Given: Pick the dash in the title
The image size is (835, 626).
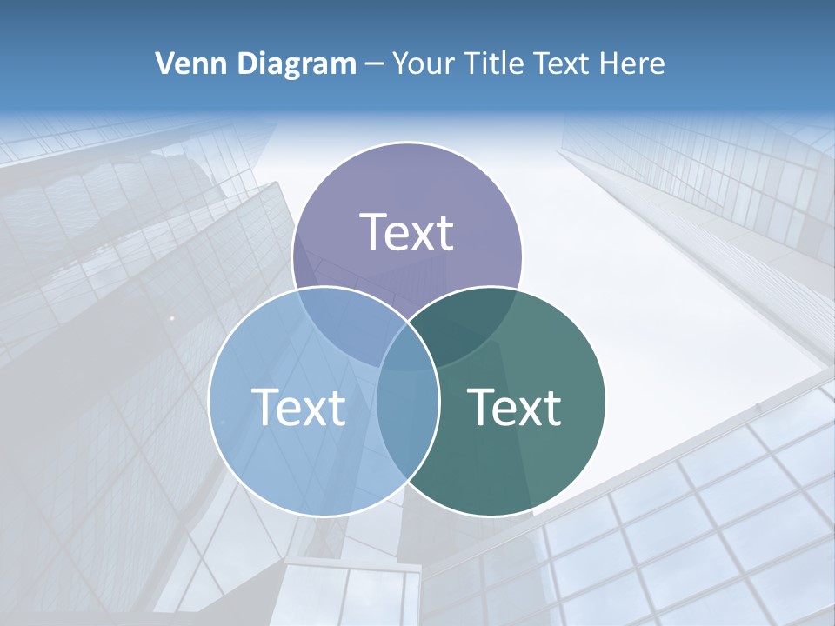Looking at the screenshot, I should [x=374, y=64].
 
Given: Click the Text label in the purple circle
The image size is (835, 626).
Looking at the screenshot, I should [x=407, y=232].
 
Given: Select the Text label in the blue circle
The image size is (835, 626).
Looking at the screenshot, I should [x=298, y=406].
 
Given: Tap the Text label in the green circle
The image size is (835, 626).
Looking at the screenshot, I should [x=515, y=406].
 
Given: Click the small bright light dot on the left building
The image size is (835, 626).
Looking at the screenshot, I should [x=171, y=318].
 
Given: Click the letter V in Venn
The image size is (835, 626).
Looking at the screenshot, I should [x=164, y=63].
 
